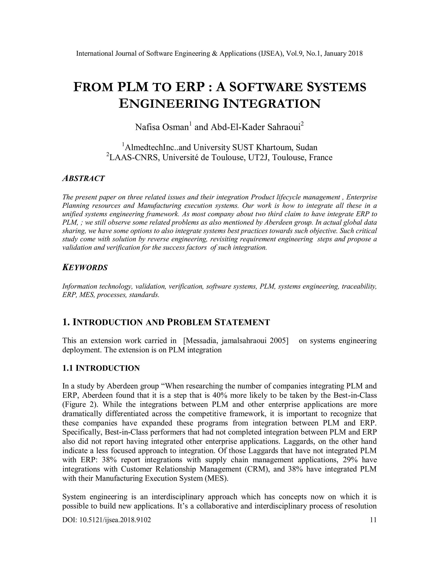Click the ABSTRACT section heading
click(x=83, y=178)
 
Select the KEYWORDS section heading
click(x=85, y=268)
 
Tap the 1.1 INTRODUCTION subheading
click(x=101, y=368)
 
